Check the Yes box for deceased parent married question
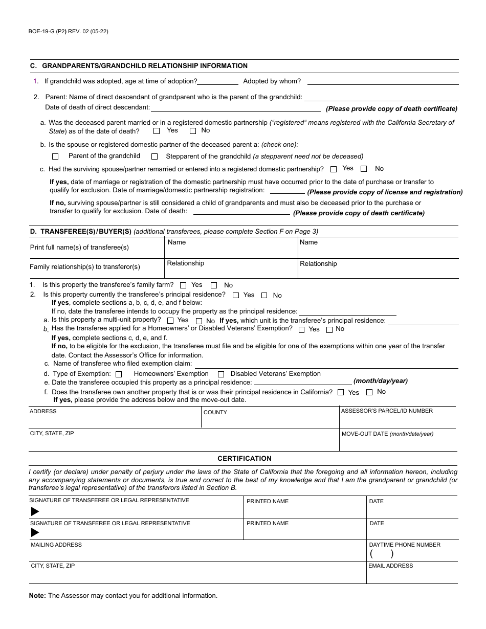point(157,131)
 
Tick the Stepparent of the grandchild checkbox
point(154,156)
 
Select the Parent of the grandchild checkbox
point(55,156)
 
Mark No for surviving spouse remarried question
point(364,169)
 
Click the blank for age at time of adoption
point(218,82)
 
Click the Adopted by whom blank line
point(382,82)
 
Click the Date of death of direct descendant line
point(235,108)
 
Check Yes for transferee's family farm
point(183,285)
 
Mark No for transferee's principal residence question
point(264,295)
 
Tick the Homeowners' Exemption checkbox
point(119,374)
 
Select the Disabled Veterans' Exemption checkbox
point(221,374)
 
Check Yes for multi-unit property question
point(170,321)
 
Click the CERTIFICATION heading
point(245,459)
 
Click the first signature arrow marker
point(35,511)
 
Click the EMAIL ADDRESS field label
point(390,566)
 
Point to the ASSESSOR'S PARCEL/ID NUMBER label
point(387,411)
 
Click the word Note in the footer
point(37,596)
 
